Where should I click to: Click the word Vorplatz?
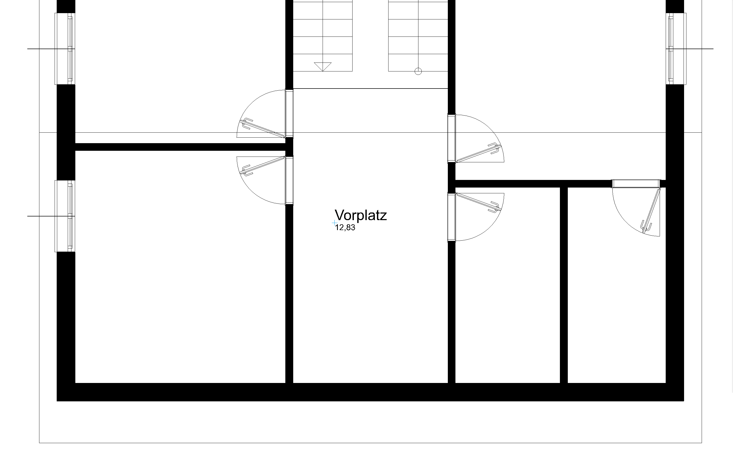pyautogui.click(x=361, y=215)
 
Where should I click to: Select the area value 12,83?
pyautogui.click(x=345, y=228)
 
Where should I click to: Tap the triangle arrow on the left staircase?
pyautogui.click(x=323, y=66)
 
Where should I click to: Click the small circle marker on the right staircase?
pyautogui.click(x=418, y=71)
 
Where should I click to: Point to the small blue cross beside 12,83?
pyautogui.click(x=335, y=223)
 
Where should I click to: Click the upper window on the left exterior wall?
pyautogui.click(x=65, y=49)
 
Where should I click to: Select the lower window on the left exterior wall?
pyautogui.click(x=65, y=216)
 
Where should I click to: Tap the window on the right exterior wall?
pyautogui.click(x=676, y=49)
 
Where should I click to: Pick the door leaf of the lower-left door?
pyautogui.click(x=262, y=166)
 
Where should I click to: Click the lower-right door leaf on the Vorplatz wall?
pyautogui.click(x=479, y=202)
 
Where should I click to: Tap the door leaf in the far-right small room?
pyautogui.click(x=651, y=210)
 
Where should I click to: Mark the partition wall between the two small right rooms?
pyautogui.click(x=564, y=285)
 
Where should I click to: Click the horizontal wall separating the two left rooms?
pyautogui.click(x=181, y=147)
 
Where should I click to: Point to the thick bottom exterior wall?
pyautogui.click(x=370, y=392)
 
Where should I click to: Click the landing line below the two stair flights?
pyautogui.click(x=370, y=89)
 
